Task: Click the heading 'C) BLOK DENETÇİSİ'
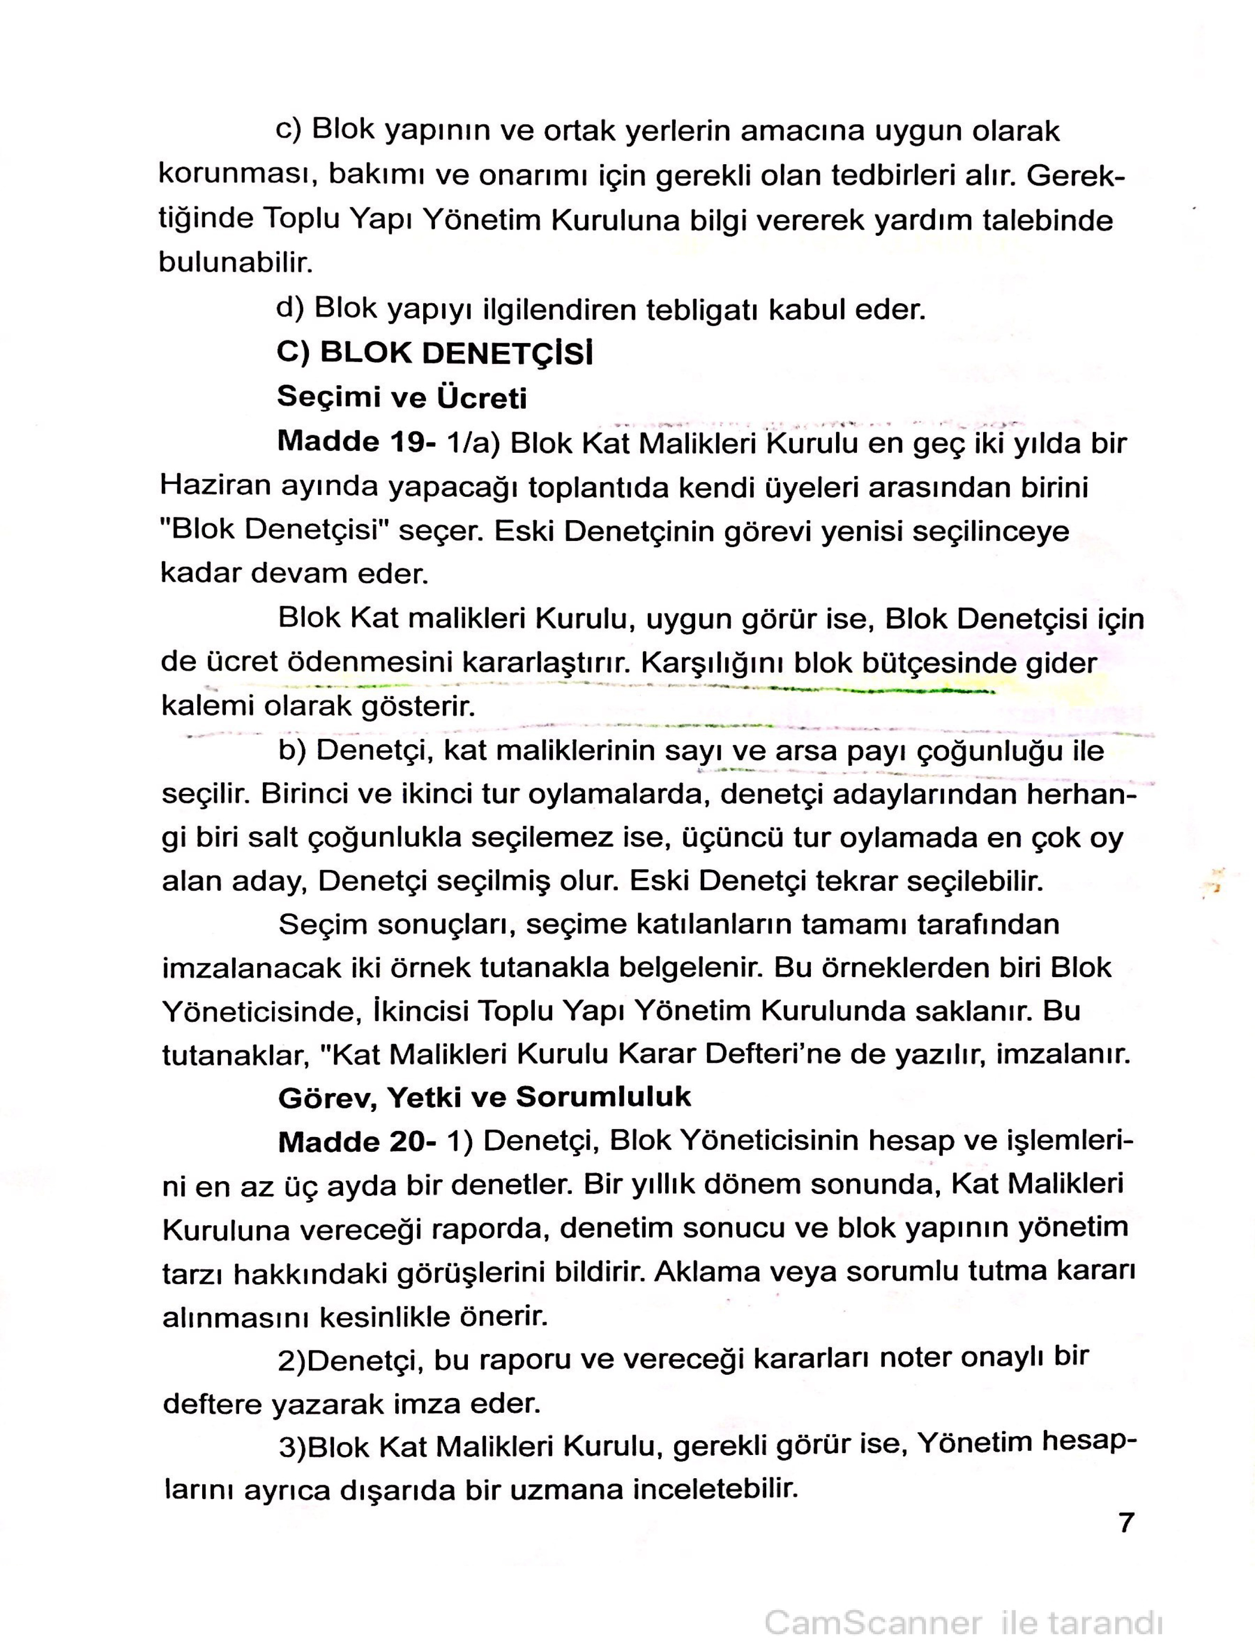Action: click(435, 353)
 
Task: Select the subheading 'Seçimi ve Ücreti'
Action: click(402, 397)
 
